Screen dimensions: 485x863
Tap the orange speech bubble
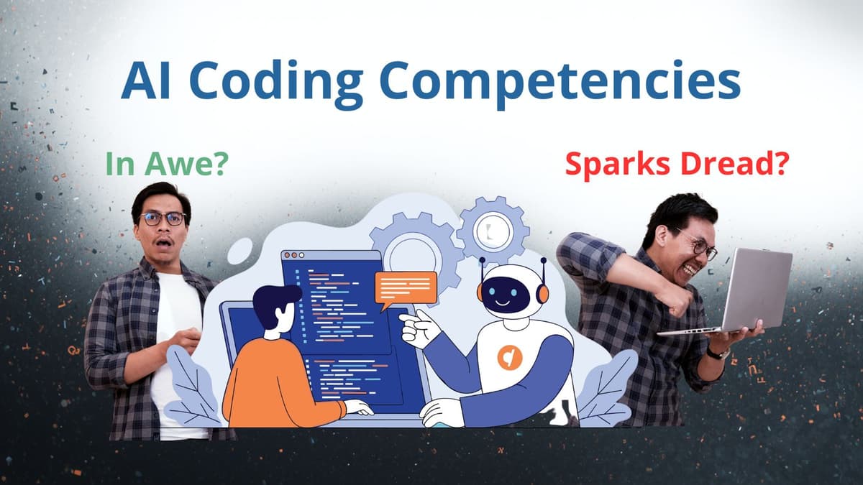[x=406, y=287]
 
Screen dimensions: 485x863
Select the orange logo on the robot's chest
[x=508, y=357]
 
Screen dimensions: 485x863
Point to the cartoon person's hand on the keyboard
[x=358, y=407]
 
